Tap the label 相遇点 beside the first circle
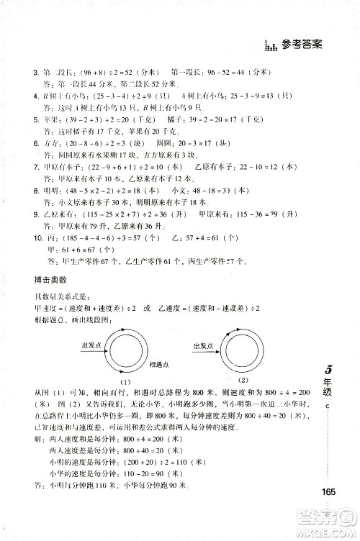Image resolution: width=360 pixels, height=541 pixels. click(x=161, y=385)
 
